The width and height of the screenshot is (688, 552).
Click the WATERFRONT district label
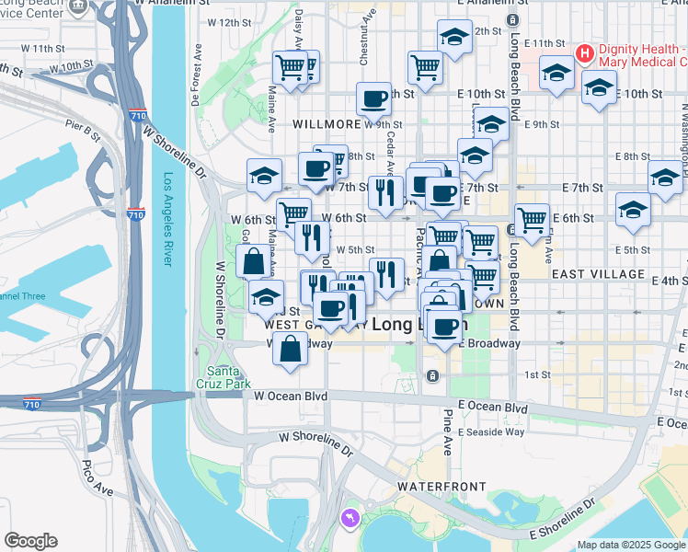[434, 485]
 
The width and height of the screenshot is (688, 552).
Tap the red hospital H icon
[583, 53]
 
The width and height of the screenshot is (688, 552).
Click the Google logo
[30, 541]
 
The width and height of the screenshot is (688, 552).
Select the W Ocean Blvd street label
[291, 397]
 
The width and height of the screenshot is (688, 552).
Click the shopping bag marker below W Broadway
[291, 350]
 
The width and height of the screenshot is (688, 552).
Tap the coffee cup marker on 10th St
[373, 98]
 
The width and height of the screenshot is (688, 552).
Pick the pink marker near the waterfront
[349, 520]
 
